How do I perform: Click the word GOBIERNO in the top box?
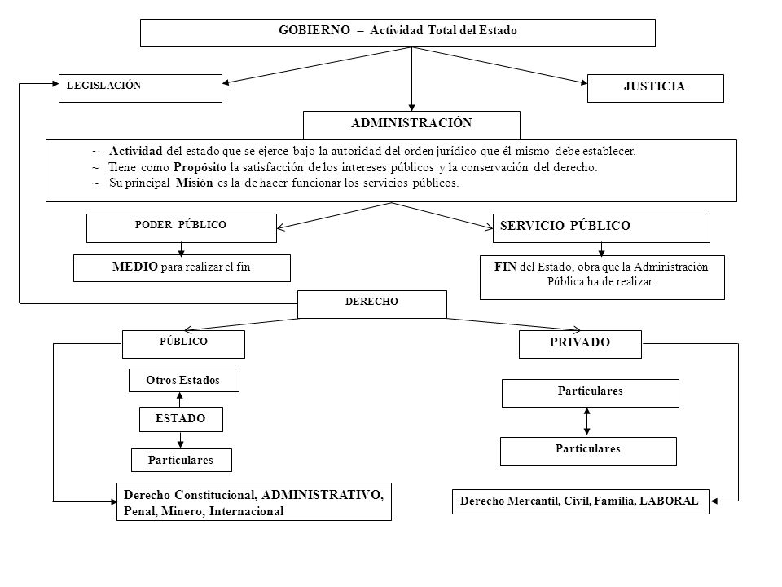click(314, 30)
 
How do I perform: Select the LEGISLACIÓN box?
click(140, 88)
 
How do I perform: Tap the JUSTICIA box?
click(655, 88)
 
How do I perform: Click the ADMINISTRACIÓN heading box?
click(411, 126)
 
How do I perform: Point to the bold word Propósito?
click(200, 167)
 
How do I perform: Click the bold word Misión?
click(194, 183)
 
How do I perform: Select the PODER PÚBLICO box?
click(182, 228)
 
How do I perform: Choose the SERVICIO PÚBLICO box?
click(601, 228)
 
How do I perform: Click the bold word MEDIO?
click(134, 267)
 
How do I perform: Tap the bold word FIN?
click(505, 267)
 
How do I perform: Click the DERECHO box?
click(372, 304)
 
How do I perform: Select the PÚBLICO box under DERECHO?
click(183, 344)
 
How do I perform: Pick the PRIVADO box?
click(580, 344)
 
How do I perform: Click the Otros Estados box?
click(183, 381)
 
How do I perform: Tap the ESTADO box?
click(181, 419)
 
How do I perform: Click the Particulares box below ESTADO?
click(182, 460)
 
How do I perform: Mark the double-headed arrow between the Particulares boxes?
click(587, 421)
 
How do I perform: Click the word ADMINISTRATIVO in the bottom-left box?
click(323, 495)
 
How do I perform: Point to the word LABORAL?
click(669, 501)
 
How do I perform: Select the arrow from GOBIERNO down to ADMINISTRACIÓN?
click(411, 79)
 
